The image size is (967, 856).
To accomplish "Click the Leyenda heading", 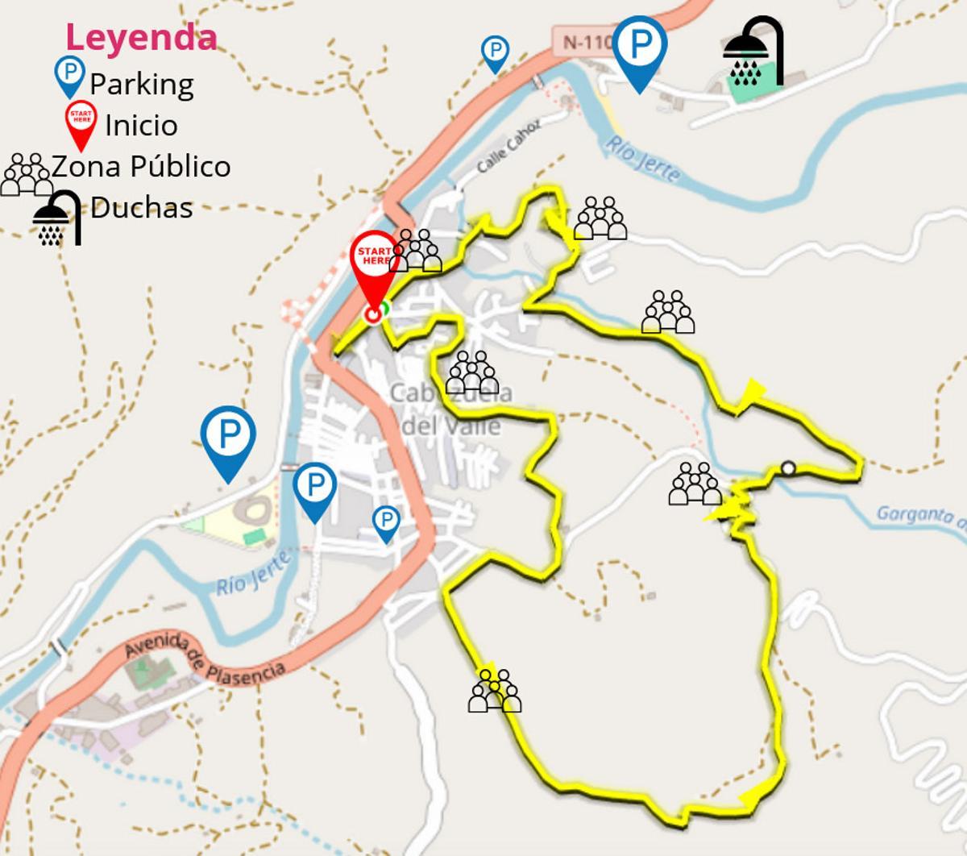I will [141, 37].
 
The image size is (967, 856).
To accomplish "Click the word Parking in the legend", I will [141, 84].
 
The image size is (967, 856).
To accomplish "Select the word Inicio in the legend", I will [141, 125].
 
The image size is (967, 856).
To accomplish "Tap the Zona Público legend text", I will [141, 166].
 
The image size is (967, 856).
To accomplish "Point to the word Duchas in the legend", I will [141, 207].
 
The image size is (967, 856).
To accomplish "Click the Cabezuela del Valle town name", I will [450, 409].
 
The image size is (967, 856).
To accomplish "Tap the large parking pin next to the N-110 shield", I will [640, 51].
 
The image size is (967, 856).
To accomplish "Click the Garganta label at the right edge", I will [919, 514].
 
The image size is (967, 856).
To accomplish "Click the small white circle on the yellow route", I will [788, 467].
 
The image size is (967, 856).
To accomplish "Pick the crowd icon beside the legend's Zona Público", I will [26, 175].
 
